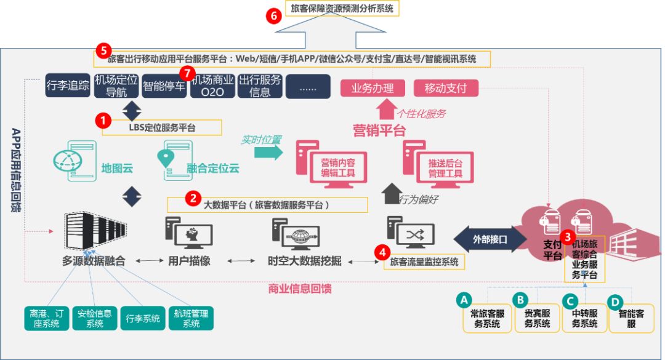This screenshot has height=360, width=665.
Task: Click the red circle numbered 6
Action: click(x=274, y=16)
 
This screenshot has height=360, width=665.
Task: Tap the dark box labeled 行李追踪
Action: click(x=68, y=85)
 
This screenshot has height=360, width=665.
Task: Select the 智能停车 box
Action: click(x=164, y=86)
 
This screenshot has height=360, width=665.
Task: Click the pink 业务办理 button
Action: click(x=373, y=88)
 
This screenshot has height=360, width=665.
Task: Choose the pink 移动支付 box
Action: click(x=446, y=88)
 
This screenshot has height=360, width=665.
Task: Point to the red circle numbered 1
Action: click(x=103, y=121)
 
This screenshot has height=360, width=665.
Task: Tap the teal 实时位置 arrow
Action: click(x=268, y=152)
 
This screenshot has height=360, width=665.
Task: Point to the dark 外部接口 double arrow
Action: click(x=490, y=239)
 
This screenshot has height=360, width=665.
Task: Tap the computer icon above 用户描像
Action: click(x=189, y=233)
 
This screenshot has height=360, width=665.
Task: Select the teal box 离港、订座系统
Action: click(x=47, y=318)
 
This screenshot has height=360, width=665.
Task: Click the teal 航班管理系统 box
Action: click(x=191, y=318)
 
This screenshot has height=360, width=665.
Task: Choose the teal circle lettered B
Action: click(x=520, y=300)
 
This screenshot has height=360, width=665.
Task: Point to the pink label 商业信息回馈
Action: click(x=300, y=289)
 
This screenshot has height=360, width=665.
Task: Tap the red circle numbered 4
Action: click(x=382, y=252)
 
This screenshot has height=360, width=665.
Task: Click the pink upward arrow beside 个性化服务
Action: click(x=386, y=109)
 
